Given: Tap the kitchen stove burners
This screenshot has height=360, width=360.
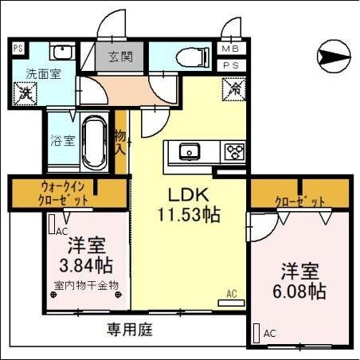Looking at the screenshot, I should coord(234,151).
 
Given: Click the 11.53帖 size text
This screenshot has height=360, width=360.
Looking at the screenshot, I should coord(188,214).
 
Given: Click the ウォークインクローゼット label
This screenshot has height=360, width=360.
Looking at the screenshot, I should coord(68,193).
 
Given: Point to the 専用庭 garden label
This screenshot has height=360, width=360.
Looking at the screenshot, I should coord(131,327).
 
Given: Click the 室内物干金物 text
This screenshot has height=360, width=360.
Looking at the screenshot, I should coord(85,284).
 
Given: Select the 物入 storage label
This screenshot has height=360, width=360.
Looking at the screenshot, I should coord(121,143).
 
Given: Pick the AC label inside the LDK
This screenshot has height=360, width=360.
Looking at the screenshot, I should coord(232,294).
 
